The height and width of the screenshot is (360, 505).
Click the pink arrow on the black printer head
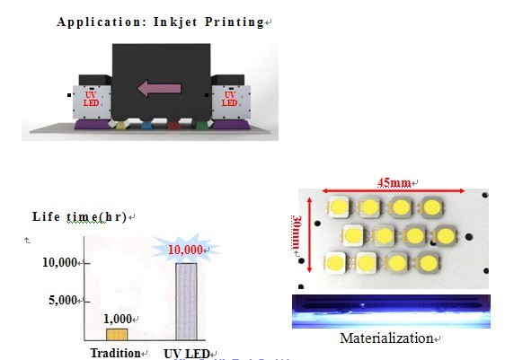[x=159, y=89]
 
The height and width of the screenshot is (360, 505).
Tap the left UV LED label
[x=91, y=99]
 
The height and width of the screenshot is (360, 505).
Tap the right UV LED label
[x=230, y=99]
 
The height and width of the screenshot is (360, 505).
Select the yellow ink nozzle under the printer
[x=120, y=125]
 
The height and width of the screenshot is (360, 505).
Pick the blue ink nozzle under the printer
[x=146, y=125]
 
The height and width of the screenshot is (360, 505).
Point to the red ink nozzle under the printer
[x=173, y=125]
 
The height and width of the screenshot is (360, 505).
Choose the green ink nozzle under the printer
[x=201, y=125]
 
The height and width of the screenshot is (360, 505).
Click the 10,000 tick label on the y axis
[x=59, y=262]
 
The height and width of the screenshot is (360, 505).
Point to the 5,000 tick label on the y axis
[x=63, y=300]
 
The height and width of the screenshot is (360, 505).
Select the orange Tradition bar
[x=117, y=335]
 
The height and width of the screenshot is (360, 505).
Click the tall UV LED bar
[x=186, y=302]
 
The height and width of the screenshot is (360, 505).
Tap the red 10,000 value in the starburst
[x=185, y=250]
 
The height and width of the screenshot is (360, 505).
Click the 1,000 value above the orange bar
[x=118, y=319]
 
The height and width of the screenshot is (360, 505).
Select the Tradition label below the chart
[x=115, y=353]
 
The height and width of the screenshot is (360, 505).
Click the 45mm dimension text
[x=394, y=183]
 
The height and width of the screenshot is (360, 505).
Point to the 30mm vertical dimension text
[x=297, y=232]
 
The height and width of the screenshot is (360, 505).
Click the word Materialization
[x=386, y=338]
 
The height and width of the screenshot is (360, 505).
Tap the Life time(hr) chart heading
[x=79, y=216]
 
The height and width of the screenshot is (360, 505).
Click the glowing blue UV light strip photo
[x=391, y=312]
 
